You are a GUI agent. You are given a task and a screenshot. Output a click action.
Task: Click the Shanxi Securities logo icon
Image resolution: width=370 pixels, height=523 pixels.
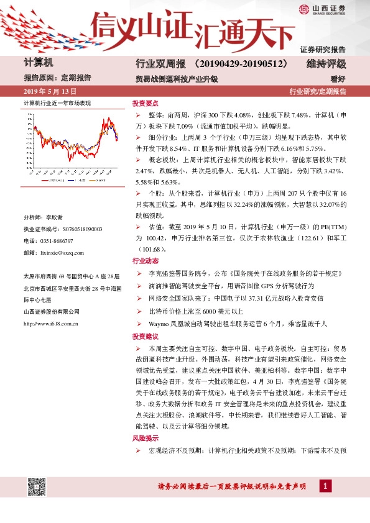pyautogui.click(x=303, y=9)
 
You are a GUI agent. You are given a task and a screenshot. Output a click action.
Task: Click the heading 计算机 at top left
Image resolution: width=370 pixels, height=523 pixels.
pyautogui.click(x=39, y=63)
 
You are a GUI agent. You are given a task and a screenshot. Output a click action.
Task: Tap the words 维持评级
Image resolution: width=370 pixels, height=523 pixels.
pyautogui.click(x=326, y=64)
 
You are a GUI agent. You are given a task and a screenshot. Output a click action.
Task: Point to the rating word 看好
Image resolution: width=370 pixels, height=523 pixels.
pyautogui.click(x=338, y=79)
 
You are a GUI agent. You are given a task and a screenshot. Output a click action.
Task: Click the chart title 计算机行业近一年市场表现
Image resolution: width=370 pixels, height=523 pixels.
pyautogui.click(x=57, y=102)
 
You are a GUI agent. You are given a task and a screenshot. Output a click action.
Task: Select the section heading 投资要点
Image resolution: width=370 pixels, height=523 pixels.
pyautogui.click(x=145, y=104)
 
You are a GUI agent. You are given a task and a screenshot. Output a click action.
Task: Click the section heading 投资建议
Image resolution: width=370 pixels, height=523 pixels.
pyautogui.click(x=145, y=336)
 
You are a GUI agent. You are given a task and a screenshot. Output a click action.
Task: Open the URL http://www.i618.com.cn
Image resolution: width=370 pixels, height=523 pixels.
pyautogui.click(x=50, y=323)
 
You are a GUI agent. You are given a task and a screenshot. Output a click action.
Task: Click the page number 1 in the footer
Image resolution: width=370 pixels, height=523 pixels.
pyautogui.click(x=325, y=485)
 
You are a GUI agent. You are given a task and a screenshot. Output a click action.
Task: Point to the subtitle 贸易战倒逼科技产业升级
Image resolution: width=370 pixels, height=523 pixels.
pyautogui.click(x=176, y=80)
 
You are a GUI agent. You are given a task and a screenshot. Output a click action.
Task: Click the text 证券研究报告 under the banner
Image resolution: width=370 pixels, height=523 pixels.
pyautogui.click(x=323, y=49)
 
